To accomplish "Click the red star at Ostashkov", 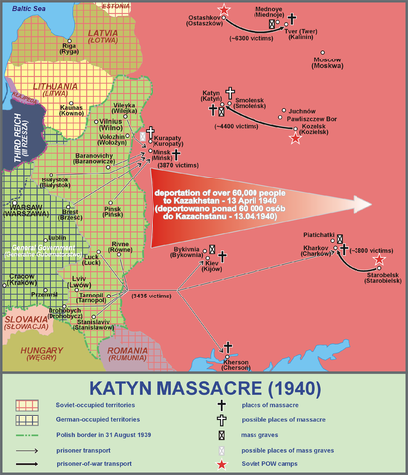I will coord(225,11).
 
